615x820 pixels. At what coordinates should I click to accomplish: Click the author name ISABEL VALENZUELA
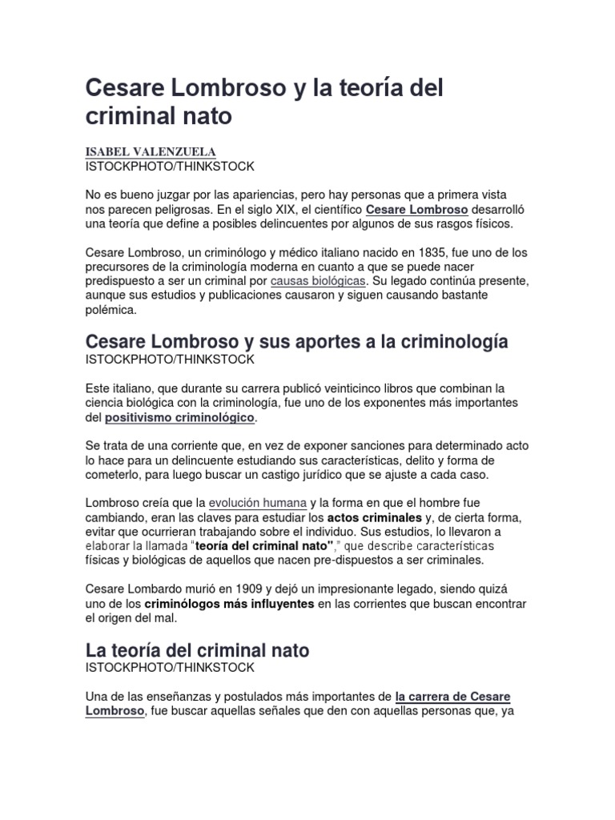151,152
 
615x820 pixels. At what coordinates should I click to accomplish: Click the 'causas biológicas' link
319,281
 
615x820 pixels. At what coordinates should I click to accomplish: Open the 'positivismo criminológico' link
180,417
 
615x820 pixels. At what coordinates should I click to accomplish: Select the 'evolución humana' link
257,503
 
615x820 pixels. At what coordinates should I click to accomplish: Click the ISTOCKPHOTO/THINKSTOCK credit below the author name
169,167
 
